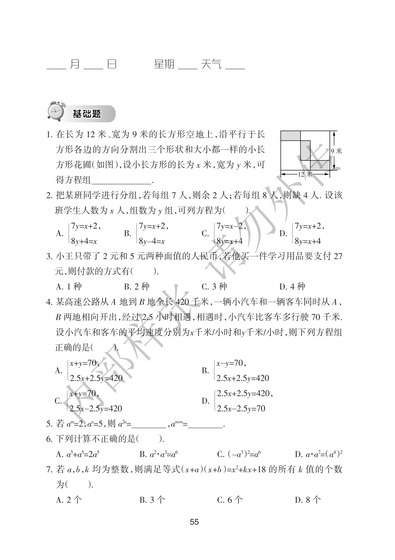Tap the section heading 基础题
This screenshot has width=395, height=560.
point(87,114)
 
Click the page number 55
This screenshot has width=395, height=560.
point(194,522)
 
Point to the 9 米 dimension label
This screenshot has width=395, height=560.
point(337,151)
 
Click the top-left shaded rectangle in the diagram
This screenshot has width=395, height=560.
point(290,136)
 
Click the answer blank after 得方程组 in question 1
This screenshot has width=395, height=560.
point(122,180)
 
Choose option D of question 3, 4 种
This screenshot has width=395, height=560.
point(292,286)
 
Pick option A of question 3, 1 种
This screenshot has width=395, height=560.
point(69,286)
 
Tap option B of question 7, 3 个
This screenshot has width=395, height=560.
point(152,500)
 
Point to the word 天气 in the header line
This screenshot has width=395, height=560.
point(211,64)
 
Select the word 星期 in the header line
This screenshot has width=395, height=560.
point(164,64)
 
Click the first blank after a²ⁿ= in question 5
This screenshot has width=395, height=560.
point(149,424)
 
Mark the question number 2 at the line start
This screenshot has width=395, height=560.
point(49,196)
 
